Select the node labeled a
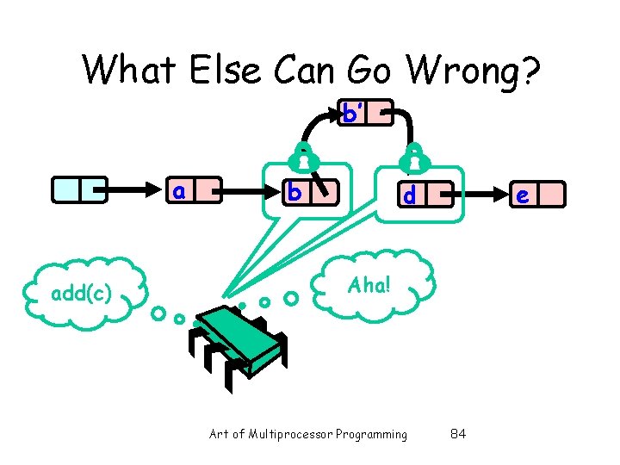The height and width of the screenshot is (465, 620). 194,191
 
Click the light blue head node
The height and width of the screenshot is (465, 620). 78,190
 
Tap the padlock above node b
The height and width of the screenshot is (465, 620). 301,155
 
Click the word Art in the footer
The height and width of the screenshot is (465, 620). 219,434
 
